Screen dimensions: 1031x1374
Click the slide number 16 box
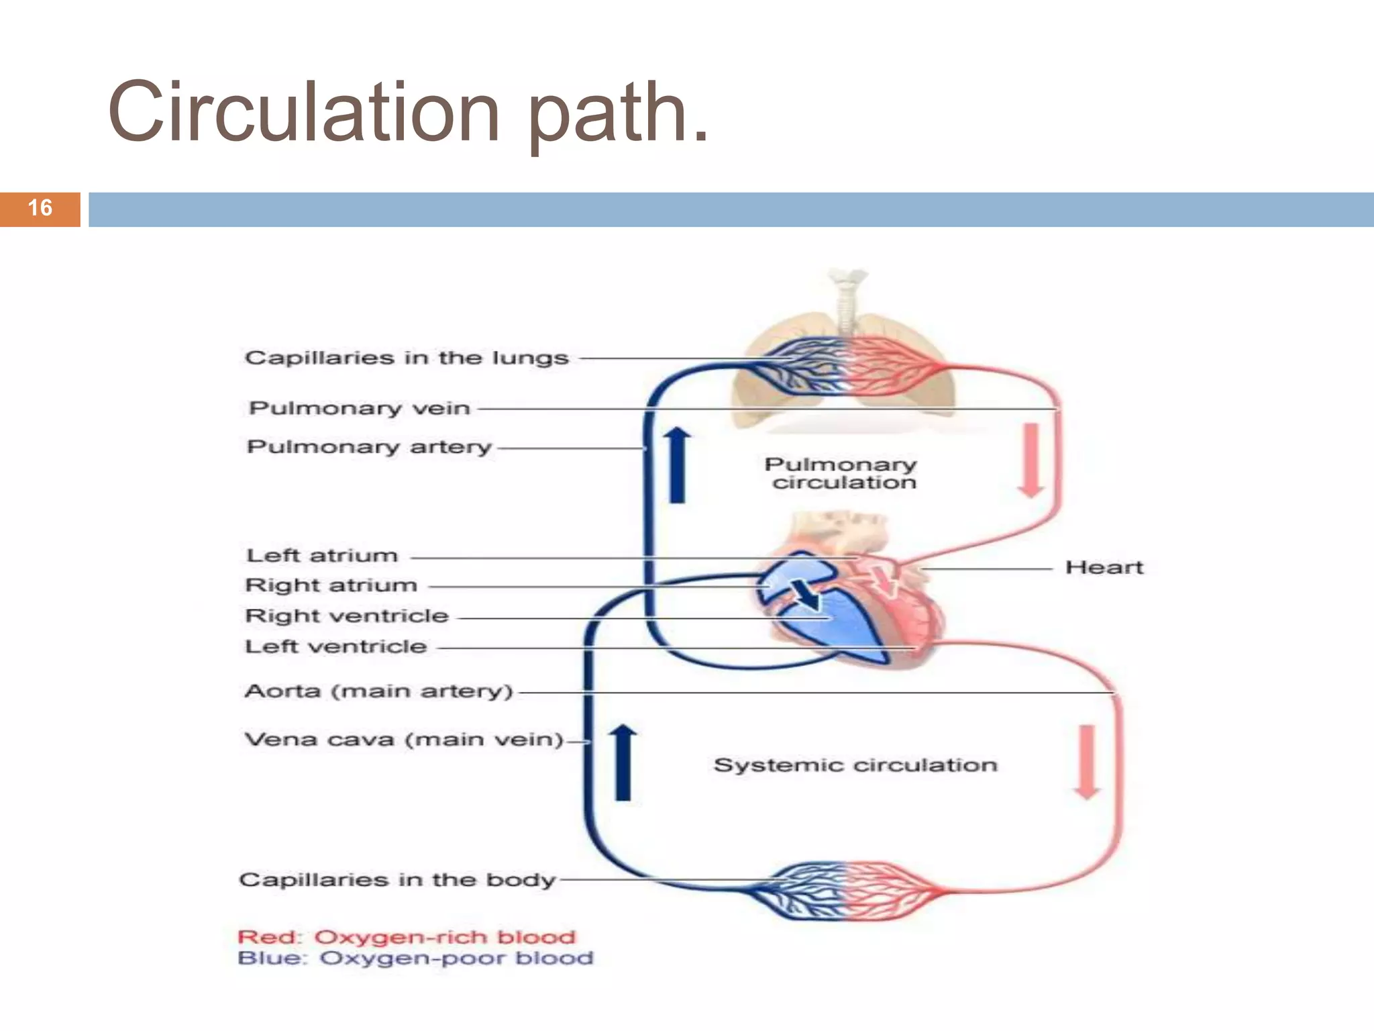pos(40,209)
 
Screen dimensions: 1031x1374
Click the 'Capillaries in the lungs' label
pos(407,358)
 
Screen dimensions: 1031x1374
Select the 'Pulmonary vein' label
pos(360,408)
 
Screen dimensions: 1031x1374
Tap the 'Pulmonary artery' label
pos(369,447)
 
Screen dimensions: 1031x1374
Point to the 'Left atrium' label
pos(322,556)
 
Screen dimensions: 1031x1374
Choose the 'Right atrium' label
pos(331,585)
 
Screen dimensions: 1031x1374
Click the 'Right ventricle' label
pos(347,616)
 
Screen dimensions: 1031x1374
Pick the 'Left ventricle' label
pos(336,647)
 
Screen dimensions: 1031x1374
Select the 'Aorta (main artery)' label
pos(379,691)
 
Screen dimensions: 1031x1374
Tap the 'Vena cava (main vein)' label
pos(404,740)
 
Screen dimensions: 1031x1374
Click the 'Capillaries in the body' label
pos(397,880)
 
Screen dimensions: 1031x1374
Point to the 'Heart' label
pos(1104,568)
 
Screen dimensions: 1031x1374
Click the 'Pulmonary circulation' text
pos(841,473)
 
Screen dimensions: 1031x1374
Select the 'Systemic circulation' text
pos(855,765)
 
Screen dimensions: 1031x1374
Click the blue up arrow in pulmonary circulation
pos(678,464)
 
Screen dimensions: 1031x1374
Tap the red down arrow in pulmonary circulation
pos(1031,460)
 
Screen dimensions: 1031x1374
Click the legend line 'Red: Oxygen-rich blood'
pos(407,937)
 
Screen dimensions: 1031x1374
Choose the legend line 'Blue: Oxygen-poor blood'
pos(415,958)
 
